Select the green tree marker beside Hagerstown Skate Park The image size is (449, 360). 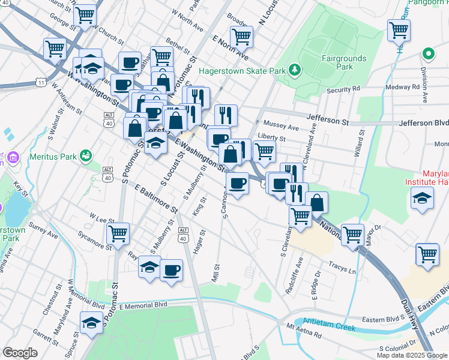point(294,71)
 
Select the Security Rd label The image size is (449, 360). point(343,89)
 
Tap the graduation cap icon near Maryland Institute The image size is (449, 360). point(423,198)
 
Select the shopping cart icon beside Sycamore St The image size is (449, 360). point(118,233)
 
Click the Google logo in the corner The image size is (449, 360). point(20,352)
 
